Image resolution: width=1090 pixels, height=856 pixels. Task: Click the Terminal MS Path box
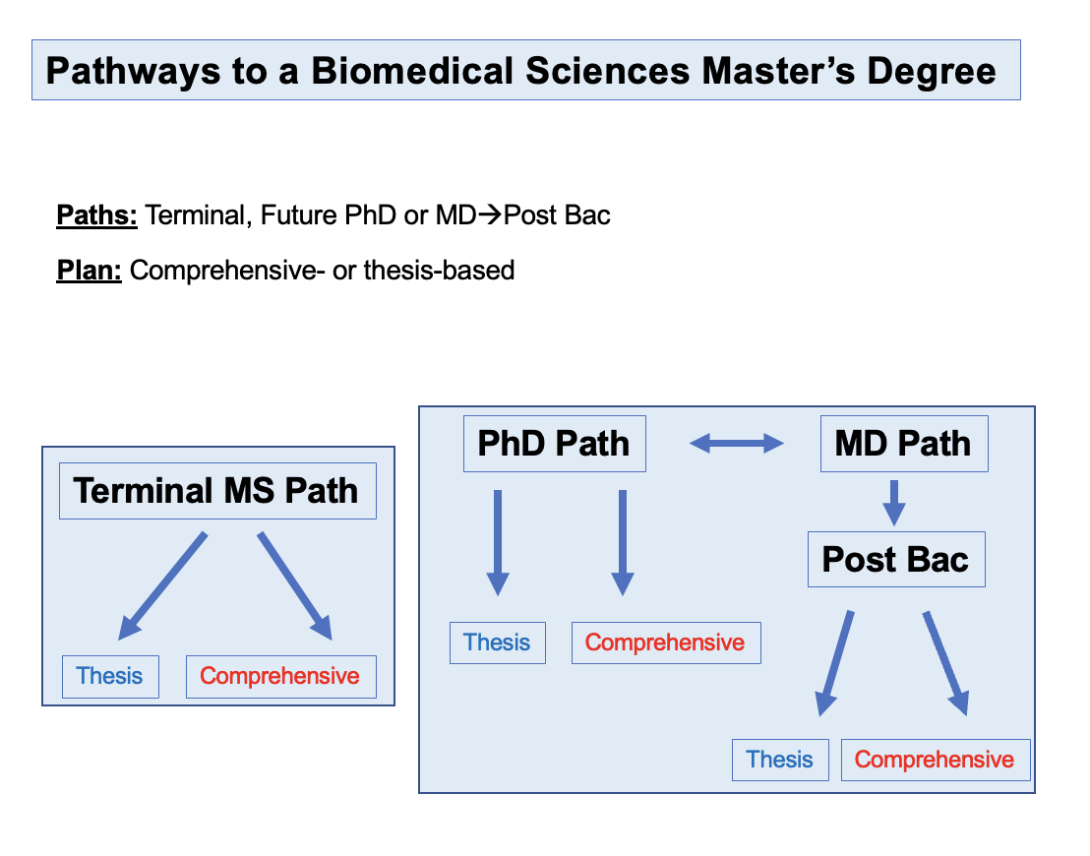point(217,491)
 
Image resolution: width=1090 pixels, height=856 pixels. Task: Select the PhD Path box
point(555,444)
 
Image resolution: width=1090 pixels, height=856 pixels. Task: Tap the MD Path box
point(904,444)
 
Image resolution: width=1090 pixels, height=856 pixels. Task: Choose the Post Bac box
point(897,560)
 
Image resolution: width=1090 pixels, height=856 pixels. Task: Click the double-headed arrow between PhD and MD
point(737,443)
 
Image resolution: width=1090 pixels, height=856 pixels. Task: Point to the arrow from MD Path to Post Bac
point(894,503)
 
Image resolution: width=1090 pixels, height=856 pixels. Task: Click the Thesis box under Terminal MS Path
point(110,677)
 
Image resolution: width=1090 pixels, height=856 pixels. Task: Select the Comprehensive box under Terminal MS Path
point(280,677)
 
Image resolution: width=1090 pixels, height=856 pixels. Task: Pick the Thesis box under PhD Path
point(498,643)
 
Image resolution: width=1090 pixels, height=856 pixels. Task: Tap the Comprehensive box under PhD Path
point(666,643)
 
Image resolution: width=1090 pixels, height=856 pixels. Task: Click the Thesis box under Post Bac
point(781,760)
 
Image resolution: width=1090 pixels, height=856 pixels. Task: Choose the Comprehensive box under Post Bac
point(936,760)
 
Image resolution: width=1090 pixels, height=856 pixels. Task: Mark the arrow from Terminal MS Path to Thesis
point(162,586)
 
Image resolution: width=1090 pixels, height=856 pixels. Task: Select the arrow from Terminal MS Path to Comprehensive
point(295,586)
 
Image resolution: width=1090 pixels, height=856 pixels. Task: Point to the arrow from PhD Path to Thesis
point(498,543)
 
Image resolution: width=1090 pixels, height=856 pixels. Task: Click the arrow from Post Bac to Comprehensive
point(945,663)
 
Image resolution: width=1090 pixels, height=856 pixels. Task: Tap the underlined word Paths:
point(96,215)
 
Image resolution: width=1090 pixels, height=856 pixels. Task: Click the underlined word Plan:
point(89,271)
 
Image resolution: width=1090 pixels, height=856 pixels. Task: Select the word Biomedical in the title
point(412,71)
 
